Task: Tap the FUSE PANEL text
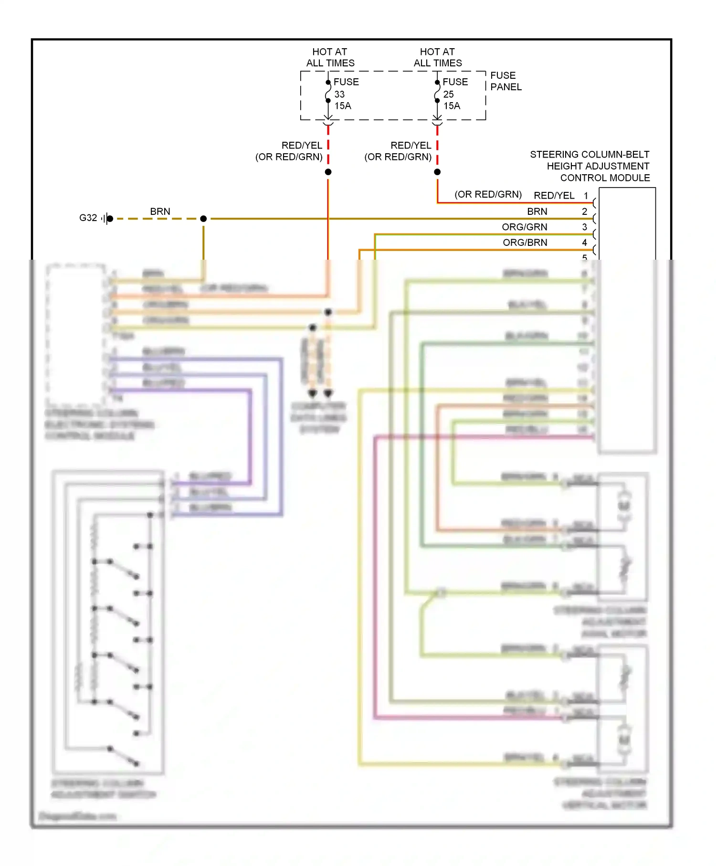tap(505, 81)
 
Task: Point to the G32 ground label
tap(88, 218)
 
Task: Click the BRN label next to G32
tap(160, 211)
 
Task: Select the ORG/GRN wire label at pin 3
tap(524, 227)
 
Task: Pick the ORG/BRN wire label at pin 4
tap(525, 243)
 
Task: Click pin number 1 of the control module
tap(586, 196)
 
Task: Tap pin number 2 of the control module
tap(584, 211)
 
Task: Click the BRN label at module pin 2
tap(537, 211)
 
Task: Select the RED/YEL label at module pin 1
tap(554, 196)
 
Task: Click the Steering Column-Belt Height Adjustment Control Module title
tap(590, 166)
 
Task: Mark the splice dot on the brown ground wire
tap(203, 219)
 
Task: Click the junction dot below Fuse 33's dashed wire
tap(328, 172)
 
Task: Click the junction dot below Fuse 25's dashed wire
tap(437, 172)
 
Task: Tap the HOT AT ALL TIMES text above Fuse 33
tap(330, 57)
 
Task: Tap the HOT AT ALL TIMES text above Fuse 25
tap(438, 57)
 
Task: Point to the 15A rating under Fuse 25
tap(452, 106)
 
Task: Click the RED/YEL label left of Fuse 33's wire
tap(302, 146)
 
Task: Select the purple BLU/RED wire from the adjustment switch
tap(250, 430)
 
